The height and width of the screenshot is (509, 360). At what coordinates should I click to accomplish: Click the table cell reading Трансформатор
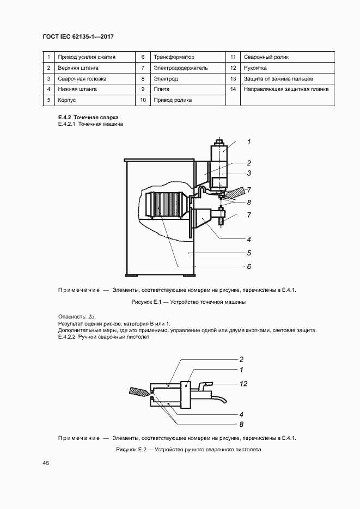[x=174, y=57]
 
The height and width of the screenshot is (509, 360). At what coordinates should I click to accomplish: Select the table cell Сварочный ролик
[x=266, y=57]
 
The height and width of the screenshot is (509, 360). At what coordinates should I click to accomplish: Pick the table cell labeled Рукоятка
[x=255, y=68]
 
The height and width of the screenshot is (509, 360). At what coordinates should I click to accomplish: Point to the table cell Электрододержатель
[x=181, y=68]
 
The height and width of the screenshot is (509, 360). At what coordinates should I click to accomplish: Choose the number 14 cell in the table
[x=233, y=89]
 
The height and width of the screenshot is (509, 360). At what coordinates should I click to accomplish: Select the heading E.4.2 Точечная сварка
[x=88, y=118]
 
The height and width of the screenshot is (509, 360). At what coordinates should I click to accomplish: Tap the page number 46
[x=46, y=463]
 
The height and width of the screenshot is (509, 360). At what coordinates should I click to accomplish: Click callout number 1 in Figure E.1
[x=248, y=142]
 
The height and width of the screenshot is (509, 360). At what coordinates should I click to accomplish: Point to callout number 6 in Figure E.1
[x=248, y=267]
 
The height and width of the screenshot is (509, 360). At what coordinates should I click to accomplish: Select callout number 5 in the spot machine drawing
[x=248, y=253]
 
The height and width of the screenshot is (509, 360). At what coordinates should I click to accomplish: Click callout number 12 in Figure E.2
[x=243, y=384]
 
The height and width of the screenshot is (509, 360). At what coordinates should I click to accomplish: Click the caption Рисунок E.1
[x=188, y=302]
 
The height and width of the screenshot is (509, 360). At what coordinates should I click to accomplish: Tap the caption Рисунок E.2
[x=188, y=450]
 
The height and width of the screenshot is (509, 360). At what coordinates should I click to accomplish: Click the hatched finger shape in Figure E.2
[x=139, y=391]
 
